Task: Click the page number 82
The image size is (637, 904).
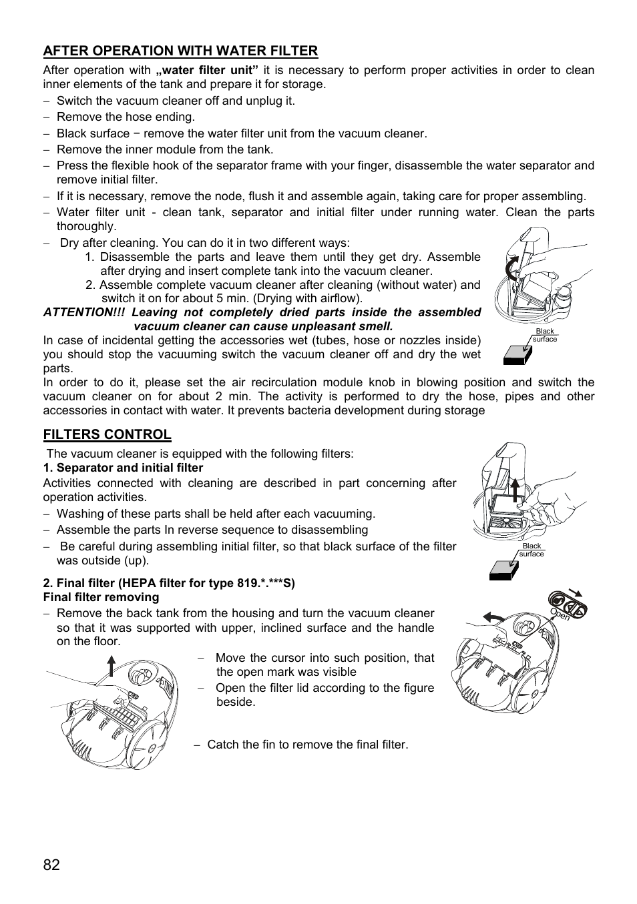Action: tap(51, 865)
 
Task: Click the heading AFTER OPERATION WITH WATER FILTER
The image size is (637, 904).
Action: tap(180, 51)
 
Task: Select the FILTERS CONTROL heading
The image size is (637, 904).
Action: tap(107, 434)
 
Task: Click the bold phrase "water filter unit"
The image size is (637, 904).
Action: tap(207, 70)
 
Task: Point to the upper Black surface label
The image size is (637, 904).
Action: tap(545, 335)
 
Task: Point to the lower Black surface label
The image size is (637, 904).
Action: tap(532, 550)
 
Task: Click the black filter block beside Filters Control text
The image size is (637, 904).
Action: tap(504, 570)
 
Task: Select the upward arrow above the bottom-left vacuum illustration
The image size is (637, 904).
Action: tap(111, 666)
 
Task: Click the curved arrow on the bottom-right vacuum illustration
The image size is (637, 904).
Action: tap(494, 616)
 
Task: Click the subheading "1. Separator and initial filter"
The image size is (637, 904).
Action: tap(123, 468)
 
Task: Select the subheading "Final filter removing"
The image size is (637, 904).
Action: tap(101, 597)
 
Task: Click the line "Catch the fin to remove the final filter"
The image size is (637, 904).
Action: tap(307, 745)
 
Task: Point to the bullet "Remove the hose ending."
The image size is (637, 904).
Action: tap(126, 117)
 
